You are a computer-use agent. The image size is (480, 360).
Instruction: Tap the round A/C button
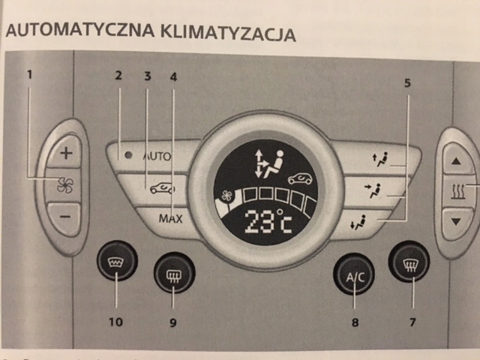[x=354, y=275]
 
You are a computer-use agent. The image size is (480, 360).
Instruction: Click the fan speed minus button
[x=66, y=217]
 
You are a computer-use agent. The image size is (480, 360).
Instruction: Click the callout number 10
[x=117, y=322]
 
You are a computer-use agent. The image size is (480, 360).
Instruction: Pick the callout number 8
[x=354, y=322]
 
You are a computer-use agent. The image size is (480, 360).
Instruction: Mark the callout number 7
[x=409, y=322]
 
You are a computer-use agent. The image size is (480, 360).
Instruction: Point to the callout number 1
[x=30, y=74]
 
